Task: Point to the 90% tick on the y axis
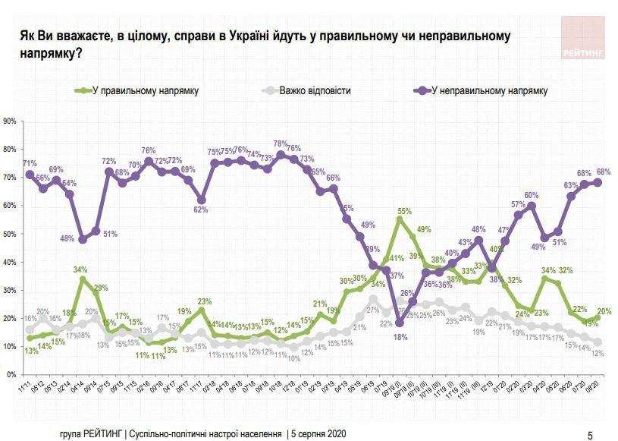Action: tap(10, 121)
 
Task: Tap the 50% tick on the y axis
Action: tap(10, 235)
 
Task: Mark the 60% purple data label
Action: tap(532, 196)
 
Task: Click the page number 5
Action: tap(591, 435)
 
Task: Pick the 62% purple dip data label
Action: tap(200, 210)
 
